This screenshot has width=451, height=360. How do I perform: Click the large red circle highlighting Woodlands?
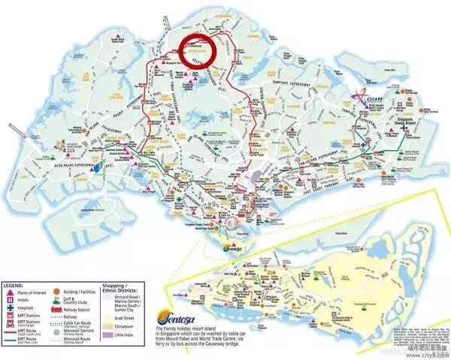pyautogui.click(x=198, y=53)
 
